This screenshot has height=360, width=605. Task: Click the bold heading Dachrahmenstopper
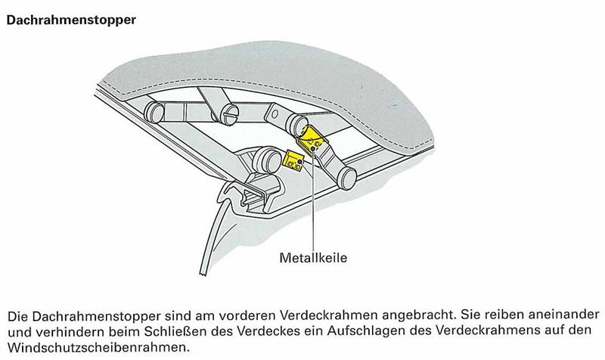(x=71, y=20)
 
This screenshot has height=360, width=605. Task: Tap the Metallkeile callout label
(x=313, y=257)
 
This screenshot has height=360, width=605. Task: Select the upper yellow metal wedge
(x=312, y=139)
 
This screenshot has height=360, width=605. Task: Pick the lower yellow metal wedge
(x=293, y=160)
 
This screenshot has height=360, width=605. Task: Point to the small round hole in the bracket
(x=275, y=114)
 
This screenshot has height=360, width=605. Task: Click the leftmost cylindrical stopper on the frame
(x=154, y=112)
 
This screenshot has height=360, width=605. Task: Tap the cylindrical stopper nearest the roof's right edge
(x=346, y=178)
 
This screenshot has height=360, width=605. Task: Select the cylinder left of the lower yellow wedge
(x=267, y=160)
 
